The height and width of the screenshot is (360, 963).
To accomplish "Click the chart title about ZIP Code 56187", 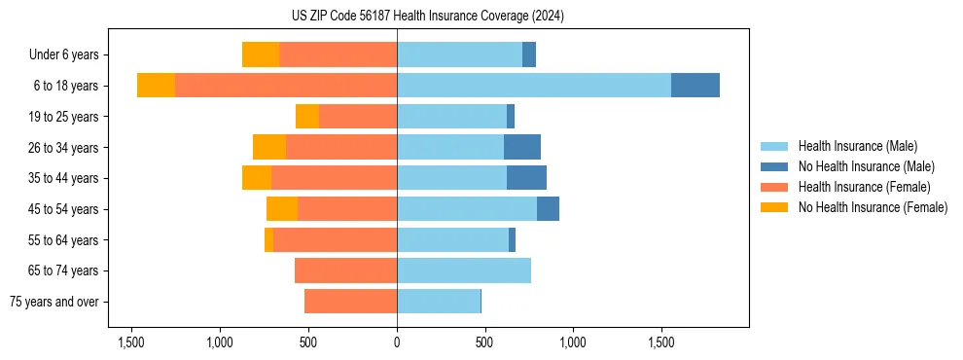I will [x=427, y=17].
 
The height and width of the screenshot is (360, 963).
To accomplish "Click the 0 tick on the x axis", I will [x=397, y=342].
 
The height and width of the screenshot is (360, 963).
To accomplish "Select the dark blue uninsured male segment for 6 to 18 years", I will [x=695, y=86].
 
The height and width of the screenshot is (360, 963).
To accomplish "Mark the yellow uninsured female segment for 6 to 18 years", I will [x=156, y=86].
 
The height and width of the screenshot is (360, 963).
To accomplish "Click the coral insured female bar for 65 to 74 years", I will [x=345, y=270].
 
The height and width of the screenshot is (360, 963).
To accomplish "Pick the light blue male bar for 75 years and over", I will [x=438, y=302].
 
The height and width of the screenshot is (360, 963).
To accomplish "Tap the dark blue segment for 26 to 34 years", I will [x=521, y=147].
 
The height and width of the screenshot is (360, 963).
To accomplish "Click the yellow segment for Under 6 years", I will [x=260, y=55].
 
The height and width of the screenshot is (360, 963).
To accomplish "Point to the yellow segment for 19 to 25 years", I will [x=307, y=117].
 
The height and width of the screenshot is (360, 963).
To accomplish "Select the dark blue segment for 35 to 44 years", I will [x=526, y=178].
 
